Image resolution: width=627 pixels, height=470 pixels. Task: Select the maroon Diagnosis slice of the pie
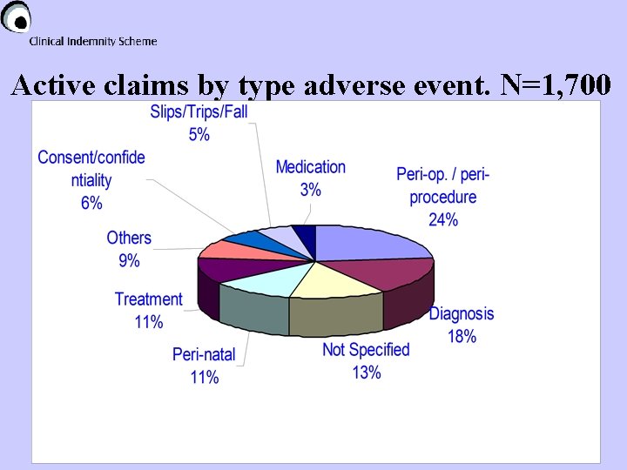383,276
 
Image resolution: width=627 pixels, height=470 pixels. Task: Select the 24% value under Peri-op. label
443,219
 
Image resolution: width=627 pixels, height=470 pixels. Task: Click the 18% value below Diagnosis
462,336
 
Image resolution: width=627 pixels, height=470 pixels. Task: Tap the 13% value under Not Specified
366,373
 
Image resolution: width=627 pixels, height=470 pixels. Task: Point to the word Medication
310,167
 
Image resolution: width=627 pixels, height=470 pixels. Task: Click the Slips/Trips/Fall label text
199,112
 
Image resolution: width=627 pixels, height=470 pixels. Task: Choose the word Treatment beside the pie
149,299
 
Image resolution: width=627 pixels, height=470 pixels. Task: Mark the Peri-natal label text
204,354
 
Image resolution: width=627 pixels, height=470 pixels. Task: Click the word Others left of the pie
129,238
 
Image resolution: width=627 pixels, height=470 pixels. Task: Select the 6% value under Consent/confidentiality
91,203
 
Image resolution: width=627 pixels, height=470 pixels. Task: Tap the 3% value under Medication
310,190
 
